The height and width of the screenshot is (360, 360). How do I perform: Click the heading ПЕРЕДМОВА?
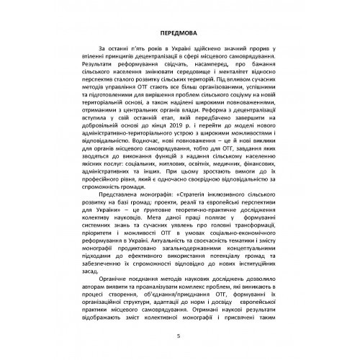tap(179, 35)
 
